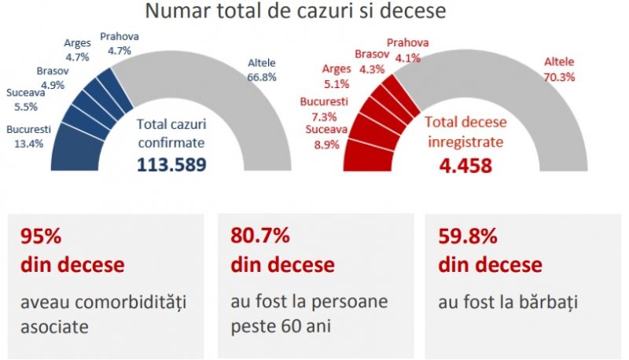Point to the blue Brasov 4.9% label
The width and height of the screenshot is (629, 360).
pyautogui.click(x=51, y=79)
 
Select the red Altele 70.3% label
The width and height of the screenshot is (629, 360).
pyautogui.click(x=559, y=69)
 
